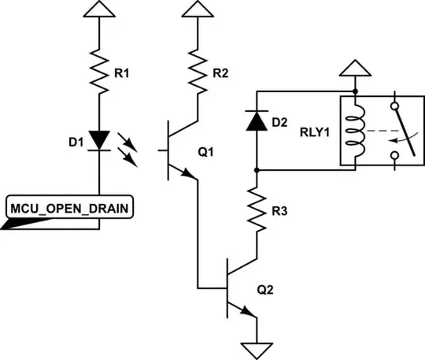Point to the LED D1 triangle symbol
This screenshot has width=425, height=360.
[x=100, y=140]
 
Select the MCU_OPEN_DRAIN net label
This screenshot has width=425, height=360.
[x=68, y=209]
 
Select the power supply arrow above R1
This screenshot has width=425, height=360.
[x=100, y=9]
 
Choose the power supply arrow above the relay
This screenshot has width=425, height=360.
[x=355, y=69]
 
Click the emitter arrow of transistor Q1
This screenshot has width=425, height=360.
[x=189, y=175]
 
